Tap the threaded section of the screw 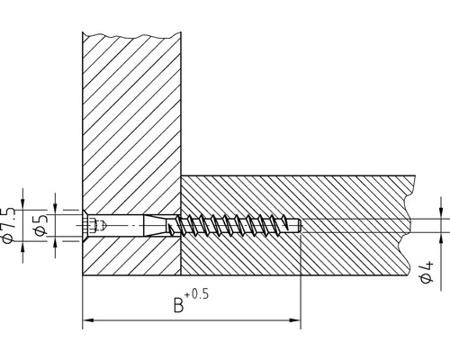click(x=234, y=224)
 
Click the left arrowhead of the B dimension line click(x=86, y=320)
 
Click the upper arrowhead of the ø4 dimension click(x=442, y=213)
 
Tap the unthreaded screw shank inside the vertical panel click(x=126, y=224)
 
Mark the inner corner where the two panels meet click(x=183, y=175)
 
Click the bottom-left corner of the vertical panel click(x=82, y=274)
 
